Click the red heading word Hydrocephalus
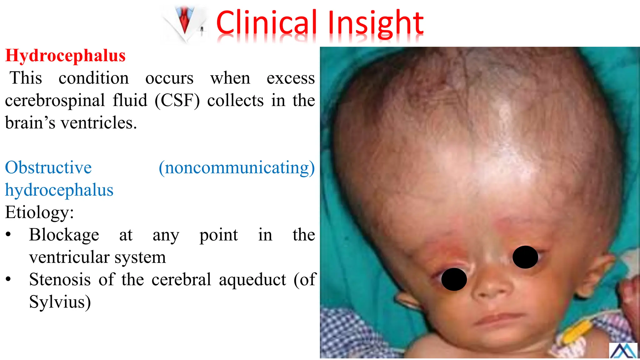(x=65, y=56)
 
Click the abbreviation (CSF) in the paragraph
(x=177, y=101)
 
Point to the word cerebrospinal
(x=55, y=101)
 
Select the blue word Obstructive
(x=48, y=167)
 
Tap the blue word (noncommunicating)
(x=237, y=167)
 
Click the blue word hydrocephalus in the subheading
(x=59, y=190)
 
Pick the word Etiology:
(x=39, y=212)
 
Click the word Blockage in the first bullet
(x=64, y=235)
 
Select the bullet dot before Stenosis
(x=8, y=279)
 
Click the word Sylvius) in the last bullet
(x=60, y=302)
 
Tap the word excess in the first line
(x=291, y=78)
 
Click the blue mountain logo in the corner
(x=623, y=351)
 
